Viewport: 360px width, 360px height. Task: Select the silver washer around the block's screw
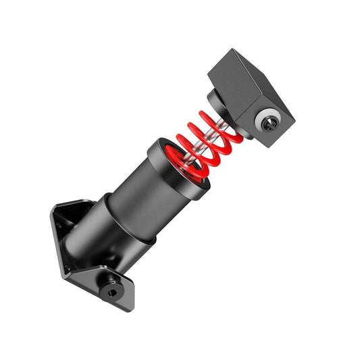tap(264, 120)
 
